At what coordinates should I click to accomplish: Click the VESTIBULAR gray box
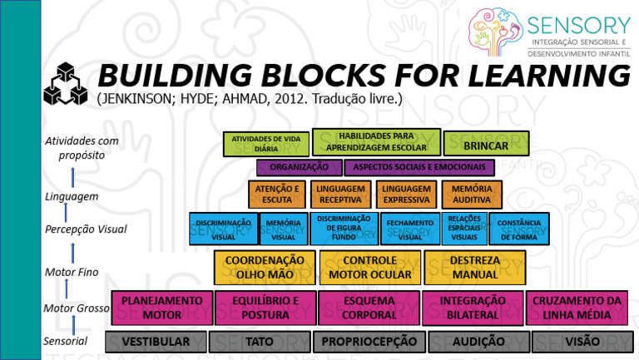point(156,342)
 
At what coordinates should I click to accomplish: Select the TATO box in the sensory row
point(260,342)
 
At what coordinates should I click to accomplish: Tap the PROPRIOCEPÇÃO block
point(369,342)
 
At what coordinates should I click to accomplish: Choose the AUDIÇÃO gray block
point(478,342)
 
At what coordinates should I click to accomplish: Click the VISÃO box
point(582,342)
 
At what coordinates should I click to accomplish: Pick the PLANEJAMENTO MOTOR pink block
point(161,308)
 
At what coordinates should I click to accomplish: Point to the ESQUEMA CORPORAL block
point(369,308)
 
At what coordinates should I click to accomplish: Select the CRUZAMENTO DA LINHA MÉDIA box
point(577,308)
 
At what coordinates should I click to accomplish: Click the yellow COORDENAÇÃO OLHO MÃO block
point(265,268)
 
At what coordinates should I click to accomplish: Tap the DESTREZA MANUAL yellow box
point(474,268)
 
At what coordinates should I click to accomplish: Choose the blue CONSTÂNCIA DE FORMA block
point(519,229)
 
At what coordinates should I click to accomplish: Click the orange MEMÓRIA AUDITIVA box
point(472,195)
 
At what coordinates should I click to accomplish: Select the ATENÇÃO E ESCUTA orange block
point(276,195)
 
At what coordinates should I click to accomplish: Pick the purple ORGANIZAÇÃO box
point(299,167)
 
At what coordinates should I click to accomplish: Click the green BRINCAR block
point(486,144)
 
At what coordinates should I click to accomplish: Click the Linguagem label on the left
point(72,197)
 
